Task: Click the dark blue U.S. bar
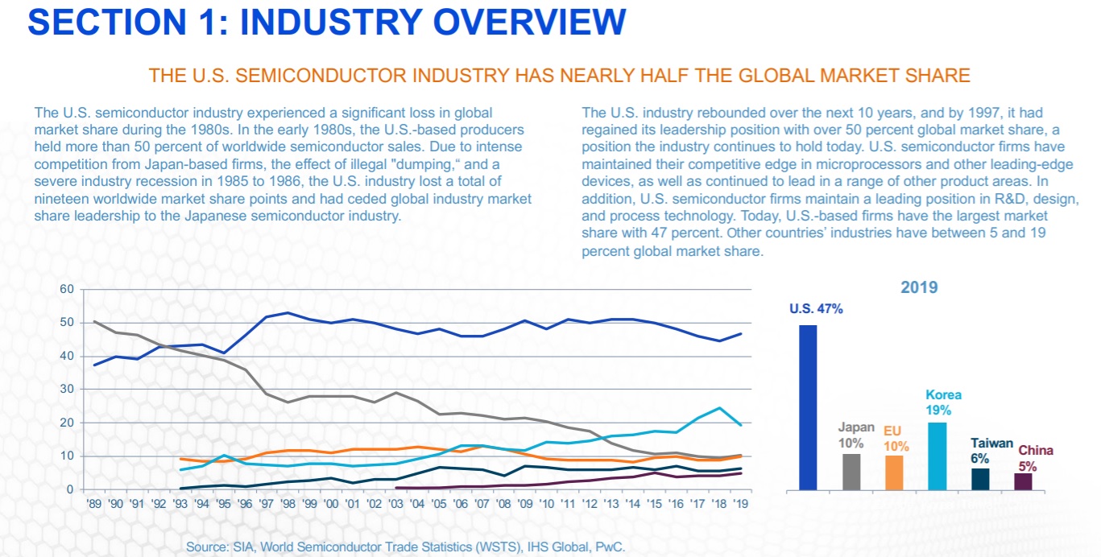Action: coord(808,407)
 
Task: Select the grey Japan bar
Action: coord(851,472)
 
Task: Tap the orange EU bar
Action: coord(894,472)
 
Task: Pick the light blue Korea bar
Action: coord(938,456)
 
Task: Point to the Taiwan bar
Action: coord(980,479)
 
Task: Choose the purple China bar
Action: coord(1023,481)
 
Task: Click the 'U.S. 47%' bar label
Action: coord(816,308)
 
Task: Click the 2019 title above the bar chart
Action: coord(919,287)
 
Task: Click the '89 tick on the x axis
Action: coord(94,504)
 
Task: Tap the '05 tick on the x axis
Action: coord(438,504)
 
